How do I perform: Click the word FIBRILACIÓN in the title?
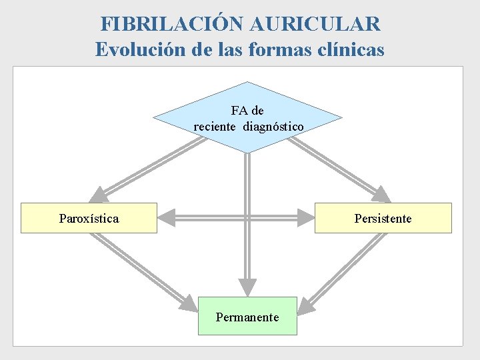coord(173,24)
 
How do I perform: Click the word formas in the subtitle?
coord(285,49)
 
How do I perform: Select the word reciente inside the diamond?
coord(215,126)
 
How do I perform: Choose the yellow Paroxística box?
coord(89,218)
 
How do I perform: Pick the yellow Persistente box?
coord(383,218)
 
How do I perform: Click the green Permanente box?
coord(247,317)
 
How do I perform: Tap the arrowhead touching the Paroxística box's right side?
coord(166,217)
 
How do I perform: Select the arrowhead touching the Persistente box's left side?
coord(306,217)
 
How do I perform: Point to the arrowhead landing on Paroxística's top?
coord(99,194)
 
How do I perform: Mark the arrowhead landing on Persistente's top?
coord(381,194)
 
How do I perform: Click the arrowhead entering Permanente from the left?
coord(189,305)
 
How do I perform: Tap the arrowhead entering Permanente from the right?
coord(305,306)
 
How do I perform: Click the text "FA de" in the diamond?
coord(247,111)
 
